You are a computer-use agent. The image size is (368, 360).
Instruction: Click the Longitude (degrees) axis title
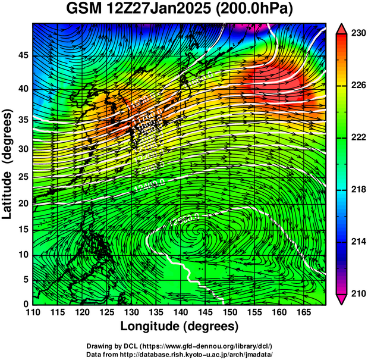[180, 326]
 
